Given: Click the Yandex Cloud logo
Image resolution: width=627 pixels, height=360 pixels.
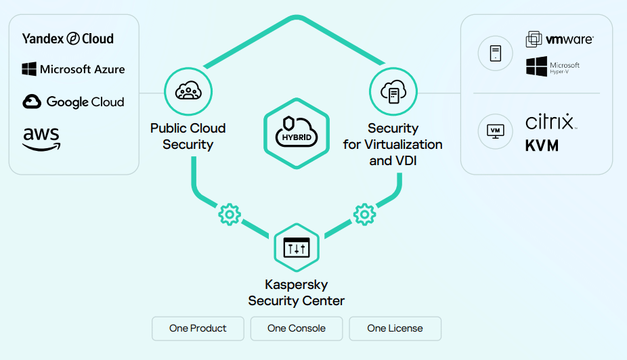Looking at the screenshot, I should coord(68,39).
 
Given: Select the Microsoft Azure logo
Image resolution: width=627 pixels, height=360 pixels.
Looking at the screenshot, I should coord(73,69).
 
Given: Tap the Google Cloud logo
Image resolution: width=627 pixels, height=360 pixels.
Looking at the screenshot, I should coord(73,102).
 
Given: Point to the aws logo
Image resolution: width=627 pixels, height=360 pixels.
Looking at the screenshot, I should coord(41,138).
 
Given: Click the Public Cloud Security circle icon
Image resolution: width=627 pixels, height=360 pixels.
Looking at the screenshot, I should coord(188,92).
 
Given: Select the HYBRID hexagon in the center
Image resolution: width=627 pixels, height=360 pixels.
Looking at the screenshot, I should coord(295,133).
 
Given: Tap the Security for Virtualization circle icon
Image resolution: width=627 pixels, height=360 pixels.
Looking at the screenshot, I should coord(393,92).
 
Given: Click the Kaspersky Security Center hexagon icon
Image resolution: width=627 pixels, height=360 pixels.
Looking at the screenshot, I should coord(296,248).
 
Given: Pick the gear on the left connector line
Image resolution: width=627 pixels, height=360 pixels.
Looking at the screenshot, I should coord(229,215).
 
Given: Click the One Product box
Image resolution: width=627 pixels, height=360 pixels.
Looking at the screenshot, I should coord(198,328).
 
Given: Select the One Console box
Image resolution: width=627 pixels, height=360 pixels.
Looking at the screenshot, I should coord(297,328).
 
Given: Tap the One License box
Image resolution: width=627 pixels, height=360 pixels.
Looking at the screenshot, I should coord(395,328).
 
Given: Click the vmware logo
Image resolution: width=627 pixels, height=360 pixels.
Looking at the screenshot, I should coord(559,39).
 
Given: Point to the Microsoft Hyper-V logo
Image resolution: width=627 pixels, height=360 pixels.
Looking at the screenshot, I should coord(553,66).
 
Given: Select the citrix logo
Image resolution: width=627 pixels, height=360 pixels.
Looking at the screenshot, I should coord(550,122).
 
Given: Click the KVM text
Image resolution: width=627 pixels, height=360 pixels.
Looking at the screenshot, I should coord(542,145).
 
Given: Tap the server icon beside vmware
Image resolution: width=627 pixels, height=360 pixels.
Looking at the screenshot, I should coord(495,53).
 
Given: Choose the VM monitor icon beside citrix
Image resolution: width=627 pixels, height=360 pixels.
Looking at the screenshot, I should coord(495,131).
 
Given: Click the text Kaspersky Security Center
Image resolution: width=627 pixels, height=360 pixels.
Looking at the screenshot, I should coord(297,293).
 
